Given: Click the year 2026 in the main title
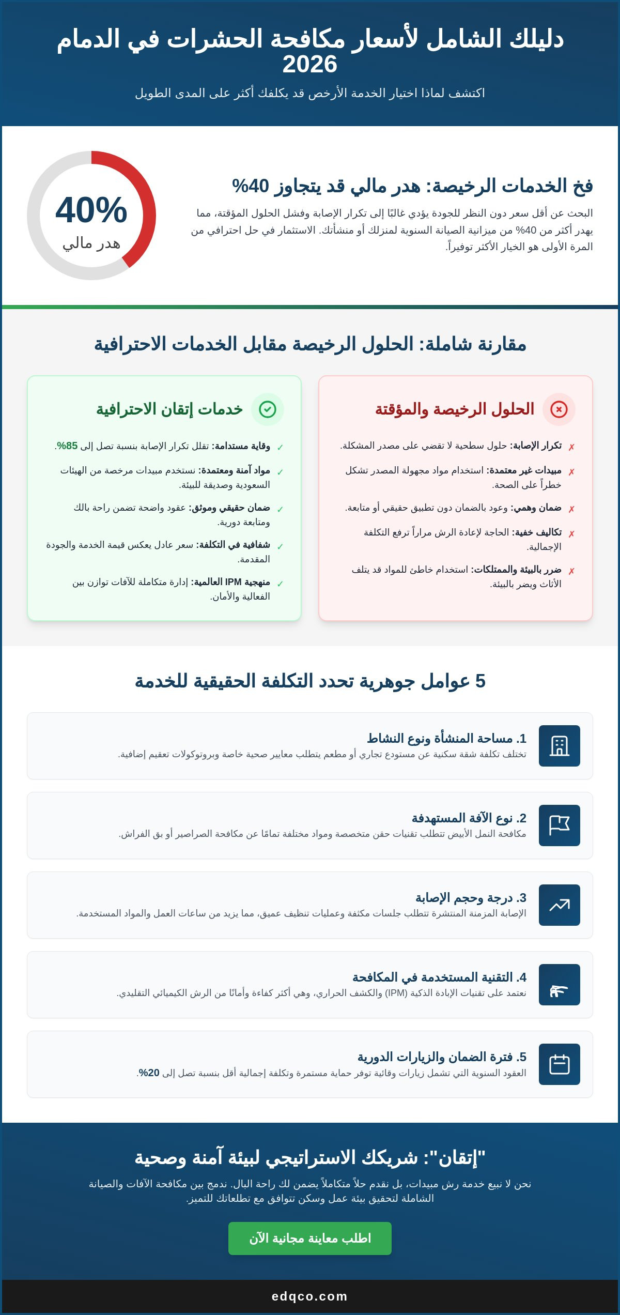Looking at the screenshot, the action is point(309,64).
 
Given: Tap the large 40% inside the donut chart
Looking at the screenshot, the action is point(91,210).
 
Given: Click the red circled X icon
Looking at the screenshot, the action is point(559,409).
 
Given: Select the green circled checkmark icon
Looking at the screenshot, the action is point(268,409).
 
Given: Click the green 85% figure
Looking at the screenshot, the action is point(68,446).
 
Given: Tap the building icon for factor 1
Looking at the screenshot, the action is point(559,746).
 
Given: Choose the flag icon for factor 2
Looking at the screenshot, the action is point(559,825).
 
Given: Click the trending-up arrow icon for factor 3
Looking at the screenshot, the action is point(559,905).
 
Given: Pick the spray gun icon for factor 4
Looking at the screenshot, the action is point(559,985).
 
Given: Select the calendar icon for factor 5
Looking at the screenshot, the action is point(559,1064).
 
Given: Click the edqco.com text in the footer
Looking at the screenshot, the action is point(309,1296).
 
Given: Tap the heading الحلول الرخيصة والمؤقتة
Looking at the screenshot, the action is point(455,409).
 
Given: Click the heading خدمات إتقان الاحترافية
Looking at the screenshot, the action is point(169,409).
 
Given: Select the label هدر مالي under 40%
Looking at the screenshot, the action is point(91,243).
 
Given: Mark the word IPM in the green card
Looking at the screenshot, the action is point(233,582).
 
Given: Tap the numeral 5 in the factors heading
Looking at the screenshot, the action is point(480,681).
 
